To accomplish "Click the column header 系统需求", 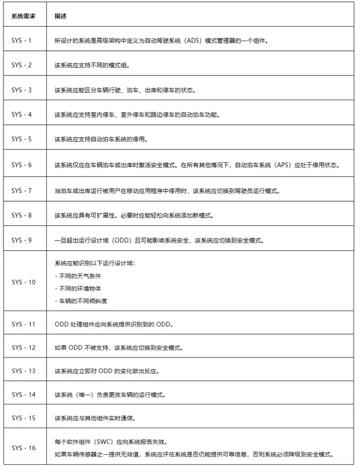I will click(x=23, y=16).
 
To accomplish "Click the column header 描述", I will click(x=60, y=16).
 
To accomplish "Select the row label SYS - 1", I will click(x=23, y=41).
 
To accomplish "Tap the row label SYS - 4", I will click(x=23, y=115).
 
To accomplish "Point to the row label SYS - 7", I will click(x=23, y=190).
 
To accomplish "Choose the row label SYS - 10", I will click(x=23, y=282).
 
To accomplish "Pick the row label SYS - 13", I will click(x=23, y=371).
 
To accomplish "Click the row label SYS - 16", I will click(x=23, y=447).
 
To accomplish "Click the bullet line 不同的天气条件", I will click(x=76, y=276).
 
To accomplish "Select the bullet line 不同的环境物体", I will click(x=76, y=288).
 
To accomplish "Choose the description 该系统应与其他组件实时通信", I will click(x=100, y=418).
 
